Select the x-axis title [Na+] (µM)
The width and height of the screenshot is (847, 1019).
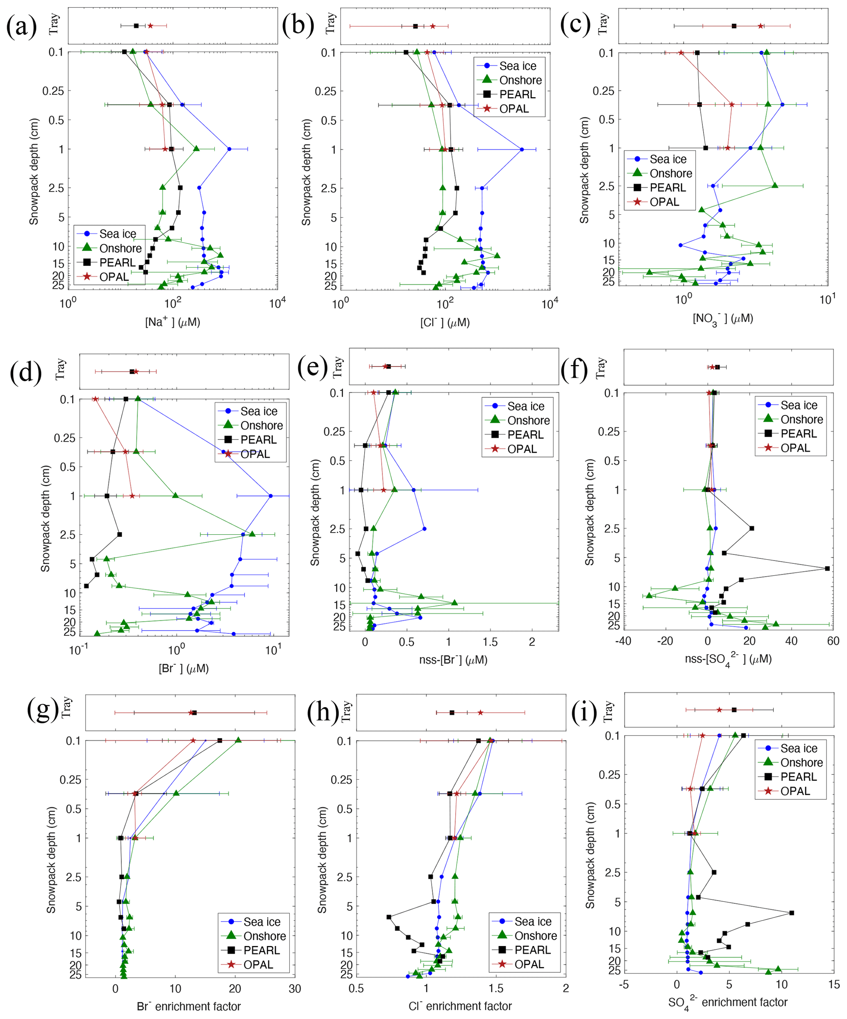[x=173, y=322]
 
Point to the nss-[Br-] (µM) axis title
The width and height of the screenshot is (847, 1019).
[x=453, y=659]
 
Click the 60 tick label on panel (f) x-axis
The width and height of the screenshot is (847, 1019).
[x=833, y=641]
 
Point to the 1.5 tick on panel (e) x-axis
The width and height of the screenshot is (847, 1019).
[x=490, y=642]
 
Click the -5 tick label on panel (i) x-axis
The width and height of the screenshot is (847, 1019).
[x=624, y=984]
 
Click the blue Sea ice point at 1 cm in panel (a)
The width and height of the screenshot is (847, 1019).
[x=229, y=149]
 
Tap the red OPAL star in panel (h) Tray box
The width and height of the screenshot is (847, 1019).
[x=480, y=713]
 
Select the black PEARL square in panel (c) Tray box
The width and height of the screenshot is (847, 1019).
[x=734, y=26]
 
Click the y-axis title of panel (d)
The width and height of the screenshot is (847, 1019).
[x=45, y=519]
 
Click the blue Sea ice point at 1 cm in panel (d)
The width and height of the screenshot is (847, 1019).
[x=270, y=496]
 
